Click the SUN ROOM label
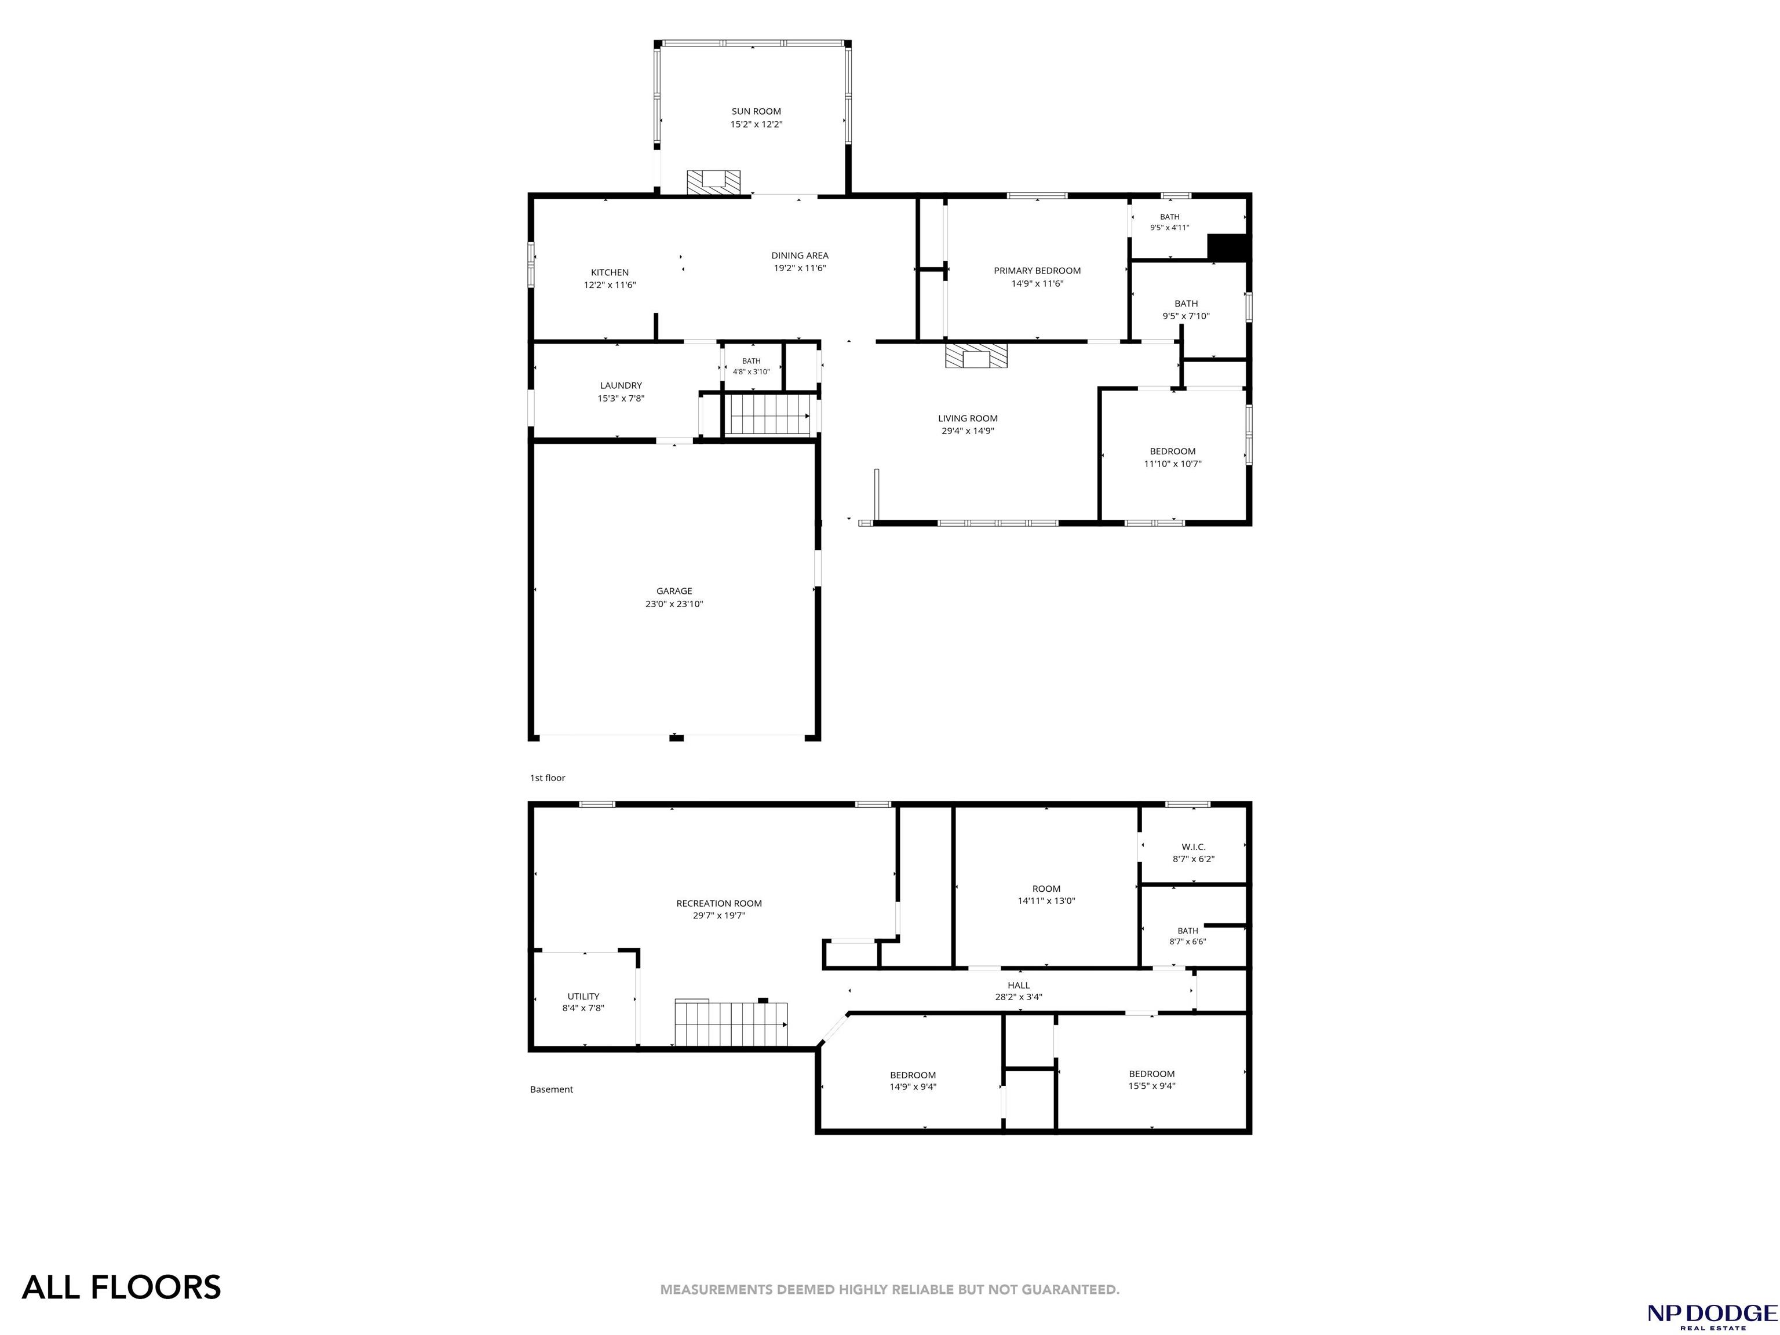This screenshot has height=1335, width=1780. [x=756, y=112]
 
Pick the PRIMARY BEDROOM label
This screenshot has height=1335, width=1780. [x=1037, y=271]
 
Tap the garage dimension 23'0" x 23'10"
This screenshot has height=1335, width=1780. [x=674, y=604]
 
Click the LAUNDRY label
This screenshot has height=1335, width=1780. [x=621, y=385]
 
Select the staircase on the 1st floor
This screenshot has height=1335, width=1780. [x=770, y=415]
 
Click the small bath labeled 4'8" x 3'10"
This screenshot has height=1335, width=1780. [x=751, y=366]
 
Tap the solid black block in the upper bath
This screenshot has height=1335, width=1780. [x=1227, y=247]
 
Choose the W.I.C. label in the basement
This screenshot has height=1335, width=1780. [x=1194, y=847]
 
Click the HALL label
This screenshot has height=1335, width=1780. [x=1019, y=986]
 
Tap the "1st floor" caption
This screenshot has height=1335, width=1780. [x=547, y=778]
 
